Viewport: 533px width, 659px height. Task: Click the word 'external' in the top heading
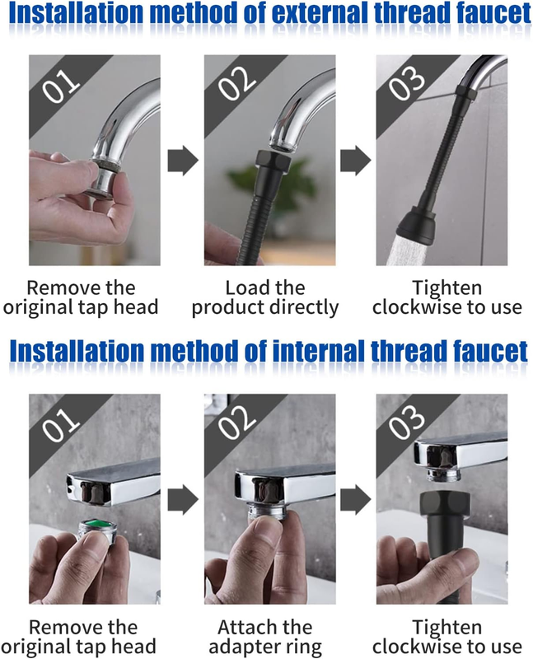pos(320,13)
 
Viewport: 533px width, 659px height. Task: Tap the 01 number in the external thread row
pos(61,86)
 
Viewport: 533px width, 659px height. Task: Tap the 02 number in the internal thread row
pos(236,423)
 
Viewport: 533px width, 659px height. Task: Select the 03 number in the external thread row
pos(406,83)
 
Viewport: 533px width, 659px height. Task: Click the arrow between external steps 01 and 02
pos(183,160)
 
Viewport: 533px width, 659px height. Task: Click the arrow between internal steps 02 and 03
pos(355,500)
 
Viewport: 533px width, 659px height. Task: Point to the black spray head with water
pos(416,224)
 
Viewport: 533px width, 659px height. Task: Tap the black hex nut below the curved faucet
pos(272,161)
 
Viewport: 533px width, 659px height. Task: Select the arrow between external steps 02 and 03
pos(355,160)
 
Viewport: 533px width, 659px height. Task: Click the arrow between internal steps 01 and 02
pos(183,500)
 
